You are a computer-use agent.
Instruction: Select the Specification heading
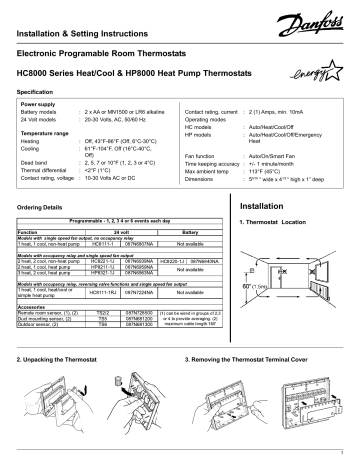click(39, 92)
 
